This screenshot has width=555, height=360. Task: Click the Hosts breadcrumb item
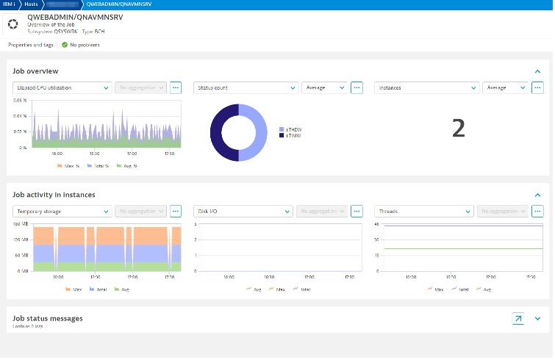(x=32, y=4)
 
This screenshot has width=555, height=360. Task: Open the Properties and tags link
(x=32, y=45)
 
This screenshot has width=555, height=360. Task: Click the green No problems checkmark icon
(x=65, y=45)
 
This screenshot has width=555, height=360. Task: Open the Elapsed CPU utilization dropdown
(x=62, y=87)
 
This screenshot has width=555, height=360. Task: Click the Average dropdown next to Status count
(x=324, y=87)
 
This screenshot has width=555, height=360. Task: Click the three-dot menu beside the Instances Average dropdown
(x=537, y=87)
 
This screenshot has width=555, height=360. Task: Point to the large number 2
(x=458, y=129)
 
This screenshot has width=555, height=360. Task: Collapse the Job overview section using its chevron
(x=537, y=71)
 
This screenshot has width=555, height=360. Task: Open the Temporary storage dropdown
(x=62, y=211)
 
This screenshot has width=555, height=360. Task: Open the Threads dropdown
(x=424, y=211)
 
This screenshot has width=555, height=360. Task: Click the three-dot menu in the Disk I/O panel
(x=357, y=211)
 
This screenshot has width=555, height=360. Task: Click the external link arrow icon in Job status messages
(x=518, y=319)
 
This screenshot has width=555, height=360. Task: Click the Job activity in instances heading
(x=54, y=195)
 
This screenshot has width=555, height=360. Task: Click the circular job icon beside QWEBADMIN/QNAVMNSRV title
(x=12, y=24)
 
